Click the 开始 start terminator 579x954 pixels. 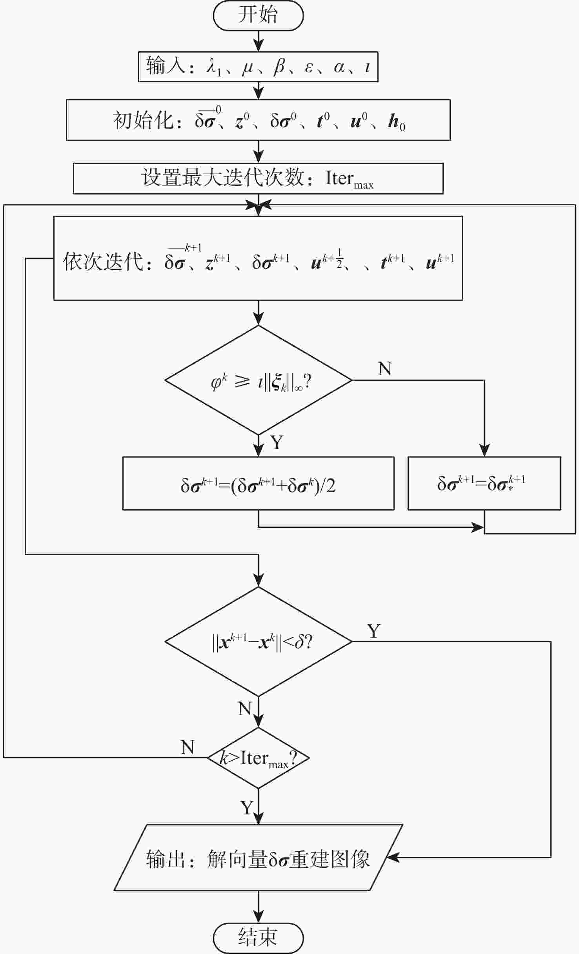258,15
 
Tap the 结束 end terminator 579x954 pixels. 258,938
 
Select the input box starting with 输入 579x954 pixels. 258,67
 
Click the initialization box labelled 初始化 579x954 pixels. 258,120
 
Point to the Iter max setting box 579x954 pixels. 258,178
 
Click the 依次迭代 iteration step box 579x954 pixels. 258,258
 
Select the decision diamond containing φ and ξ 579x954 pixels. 258,380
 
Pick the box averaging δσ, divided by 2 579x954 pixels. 258,483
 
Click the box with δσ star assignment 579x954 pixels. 484,483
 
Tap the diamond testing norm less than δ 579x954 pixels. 258,641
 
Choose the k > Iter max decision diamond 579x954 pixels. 258,758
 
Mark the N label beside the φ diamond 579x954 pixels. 385,369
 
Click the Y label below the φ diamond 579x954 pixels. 277,442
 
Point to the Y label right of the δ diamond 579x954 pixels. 374,631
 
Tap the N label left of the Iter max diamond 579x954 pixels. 188,747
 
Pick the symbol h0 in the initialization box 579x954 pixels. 397,122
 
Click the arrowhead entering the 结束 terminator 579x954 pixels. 258,917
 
